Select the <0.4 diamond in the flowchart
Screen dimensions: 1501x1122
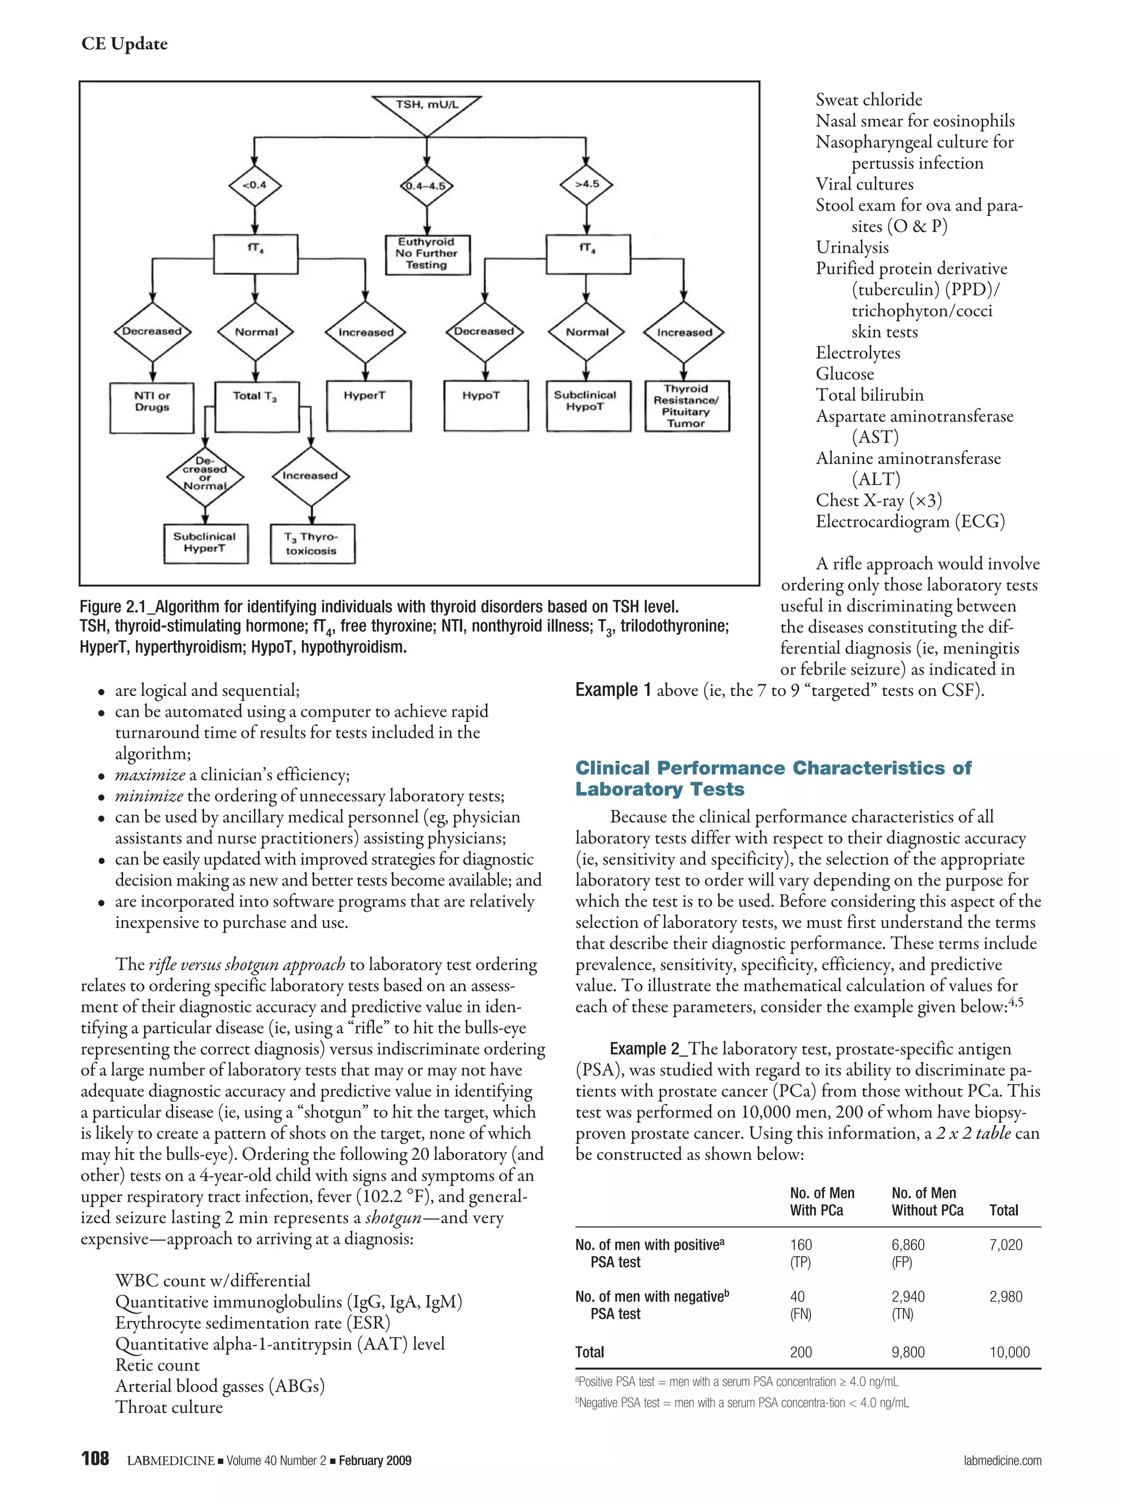(255, 185)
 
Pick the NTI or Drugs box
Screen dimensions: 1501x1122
(152, 406)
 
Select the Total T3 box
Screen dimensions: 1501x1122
(256, 406)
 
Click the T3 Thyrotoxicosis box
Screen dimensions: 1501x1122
(312, 544)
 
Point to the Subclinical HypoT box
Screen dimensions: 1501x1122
(586, 406)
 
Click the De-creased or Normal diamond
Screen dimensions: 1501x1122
(205, 477)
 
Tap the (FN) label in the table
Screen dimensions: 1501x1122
(800, 1314)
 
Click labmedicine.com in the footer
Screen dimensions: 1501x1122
(1002, 1460)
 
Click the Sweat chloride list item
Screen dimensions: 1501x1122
(868, 100)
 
